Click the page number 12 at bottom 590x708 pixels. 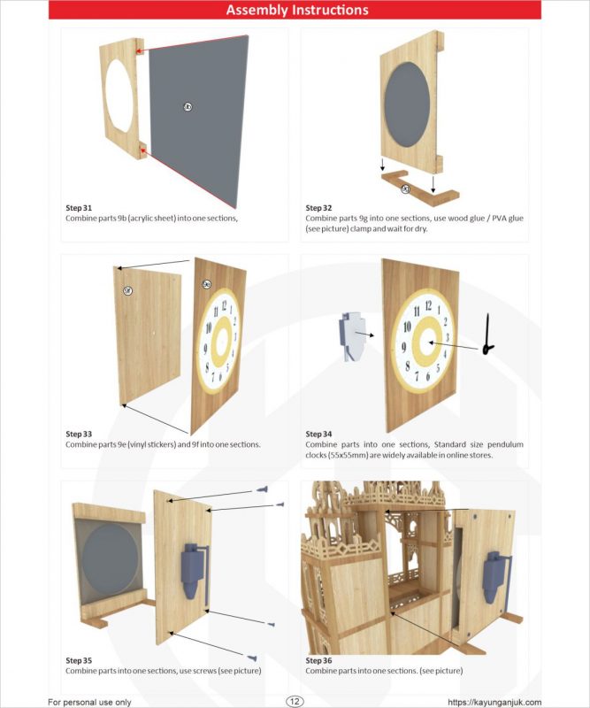point(295,701)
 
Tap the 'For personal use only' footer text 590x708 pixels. point(89,702)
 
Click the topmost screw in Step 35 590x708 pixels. point(263,487)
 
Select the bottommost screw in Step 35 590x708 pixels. point(251,658)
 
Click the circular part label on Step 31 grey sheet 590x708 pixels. point(188,106)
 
